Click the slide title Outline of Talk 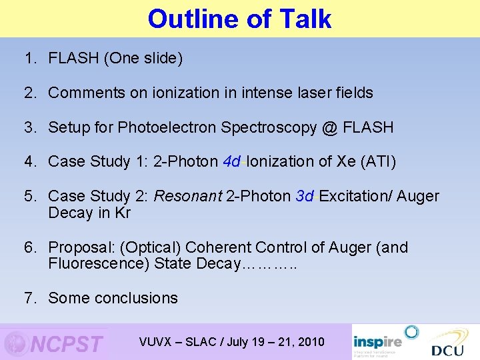pyautogui.click(x=239, y=19)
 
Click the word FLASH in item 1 pyautogui.click(x=75, y=58)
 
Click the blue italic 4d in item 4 pyautogui.click(x=233, y=161)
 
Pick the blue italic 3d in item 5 pyautogui.click(x=305, y=196)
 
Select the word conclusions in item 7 pyautogui.click(x=139, y=298)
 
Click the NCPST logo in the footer pyautogui.click(x=55, y=343)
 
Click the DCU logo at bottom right pyautogui.click(x=447, y=344)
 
